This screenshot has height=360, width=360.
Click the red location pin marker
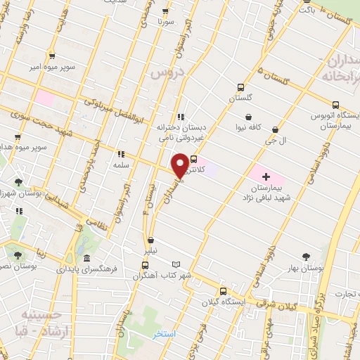[181, 164]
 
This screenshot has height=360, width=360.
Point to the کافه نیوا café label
[249, 129]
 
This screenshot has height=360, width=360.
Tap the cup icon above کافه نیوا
[248, 117]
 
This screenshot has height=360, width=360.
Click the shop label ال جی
[275, 141]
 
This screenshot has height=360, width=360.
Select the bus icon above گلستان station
[241, 88]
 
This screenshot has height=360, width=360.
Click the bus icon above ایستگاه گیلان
[223, 292]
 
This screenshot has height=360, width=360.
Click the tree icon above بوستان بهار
[305, 257]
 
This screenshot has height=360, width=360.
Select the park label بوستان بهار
[305, 269]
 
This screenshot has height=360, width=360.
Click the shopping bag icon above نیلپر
[150, 240]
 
